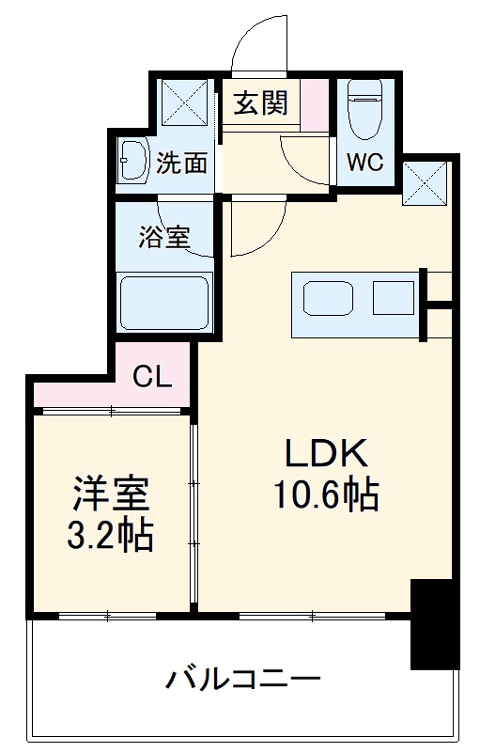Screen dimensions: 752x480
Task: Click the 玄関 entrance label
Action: click(261, 102)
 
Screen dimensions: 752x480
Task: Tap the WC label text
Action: click(364, 162)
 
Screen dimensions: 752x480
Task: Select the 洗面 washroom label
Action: click(181, 164)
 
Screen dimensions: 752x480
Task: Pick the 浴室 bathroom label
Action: click(164, 237)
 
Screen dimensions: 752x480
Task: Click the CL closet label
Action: click(152, 377)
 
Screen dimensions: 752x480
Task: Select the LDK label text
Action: click(325, 456)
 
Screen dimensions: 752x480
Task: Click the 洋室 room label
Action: click(111, 493)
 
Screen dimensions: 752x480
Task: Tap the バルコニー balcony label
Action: click(244, 679)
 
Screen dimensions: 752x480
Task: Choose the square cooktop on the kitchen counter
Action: click(393, 297)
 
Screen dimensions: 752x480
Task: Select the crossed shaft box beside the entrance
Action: click(184, 102)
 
